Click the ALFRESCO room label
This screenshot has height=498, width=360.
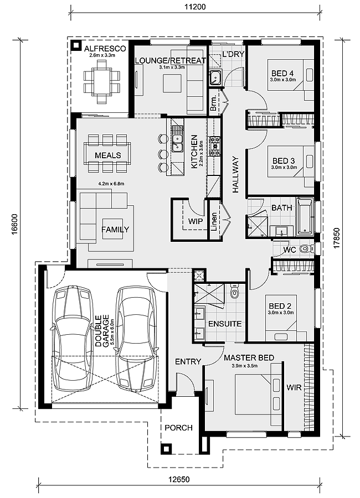pos(105,49)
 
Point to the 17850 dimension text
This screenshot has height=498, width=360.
pos(337,238)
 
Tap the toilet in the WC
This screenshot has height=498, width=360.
pos(305,248)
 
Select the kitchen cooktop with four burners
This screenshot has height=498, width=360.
pos(214,147)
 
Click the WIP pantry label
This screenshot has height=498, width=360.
pos(196,221)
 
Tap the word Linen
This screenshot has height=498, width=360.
pos(214,222)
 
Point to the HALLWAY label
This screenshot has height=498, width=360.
pos(235,174)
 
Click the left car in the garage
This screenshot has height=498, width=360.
pos(71,339)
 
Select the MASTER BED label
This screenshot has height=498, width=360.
pos(249,358)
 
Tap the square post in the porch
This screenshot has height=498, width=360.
pos(166,449)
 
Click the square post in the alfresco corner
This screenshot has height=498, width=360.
pos(76,46)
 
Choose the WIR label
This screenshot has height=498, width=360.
pos(294,388)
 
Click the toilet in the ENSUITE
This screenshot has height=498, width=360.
pos(234,292)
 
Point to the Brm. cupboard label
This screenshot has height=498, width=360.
pos(214,103)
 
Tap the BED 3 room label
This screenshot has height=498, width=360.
pos(284,160)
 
